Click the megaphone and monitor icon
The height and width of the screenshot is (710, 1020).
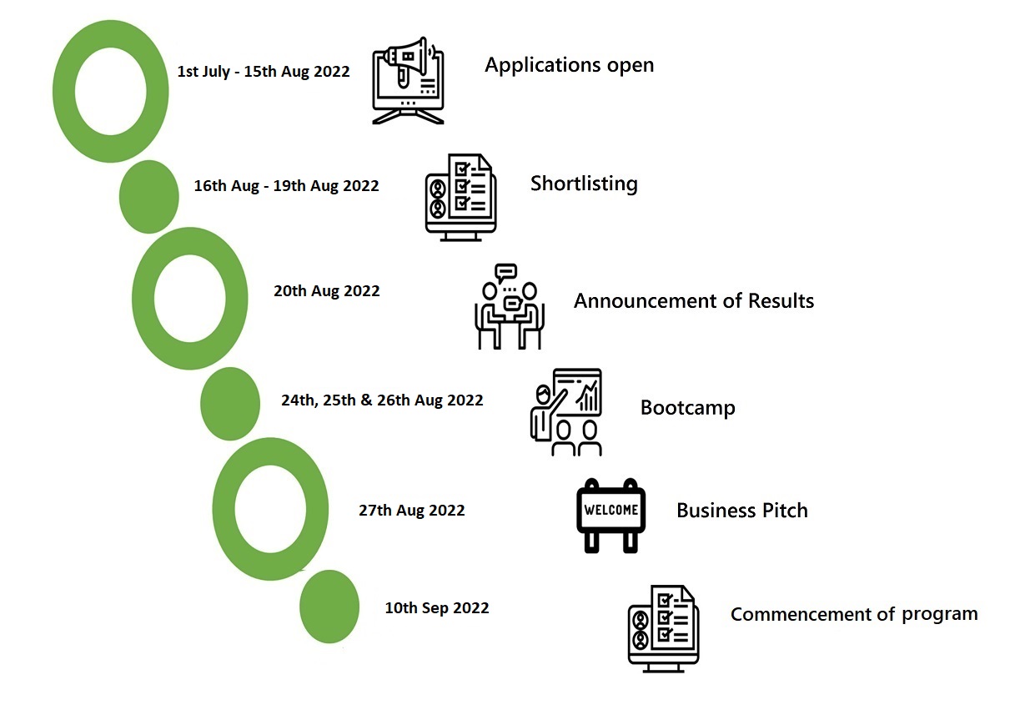[408, 80]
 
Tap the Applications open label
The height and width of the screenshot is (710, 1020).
[569, 65]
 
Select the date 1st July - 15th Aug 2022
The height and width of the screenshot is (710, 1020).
[264, 72]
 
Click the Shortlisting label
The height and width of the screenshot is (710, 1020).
[584, 184]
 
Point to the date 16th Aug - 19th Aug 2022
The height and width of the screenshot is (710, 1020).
[286, 186]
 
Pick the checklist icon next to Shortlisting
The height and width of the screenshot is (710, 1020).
[461, 198]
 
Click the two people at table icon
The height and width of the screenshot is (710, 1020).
[509, 306]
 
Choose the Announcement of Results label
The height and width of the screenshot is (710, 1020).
[694, 301]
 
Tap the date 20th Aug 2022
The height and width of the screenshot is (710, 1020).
[326, 291]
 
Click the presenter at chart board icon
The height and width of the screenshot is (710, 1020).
[566, 412]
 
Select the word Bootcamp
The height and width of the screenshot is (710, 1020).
[687, 408]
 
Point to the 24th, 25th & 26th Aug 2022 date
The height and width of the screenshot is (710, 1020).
[382, 400]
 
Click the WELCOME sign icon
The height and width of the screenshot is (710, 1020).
[610, 516]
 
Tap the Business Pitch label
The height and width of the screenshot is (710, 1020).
[742, 511]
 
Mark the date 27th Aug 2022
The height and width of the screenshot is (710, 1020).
[412, 511]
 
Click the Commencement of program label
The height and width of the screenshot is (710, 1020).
[854, 614]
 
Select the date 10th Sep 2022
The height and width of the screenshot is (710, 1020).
[437, 608]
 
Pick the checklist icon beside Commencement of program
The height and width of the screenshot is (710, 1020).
[663, 629]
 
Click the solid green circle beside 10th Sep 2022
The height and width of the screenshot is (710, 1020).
[329, 607]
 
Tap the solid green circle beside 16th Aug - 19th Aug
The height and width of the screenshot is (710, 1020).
[149, 197]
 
